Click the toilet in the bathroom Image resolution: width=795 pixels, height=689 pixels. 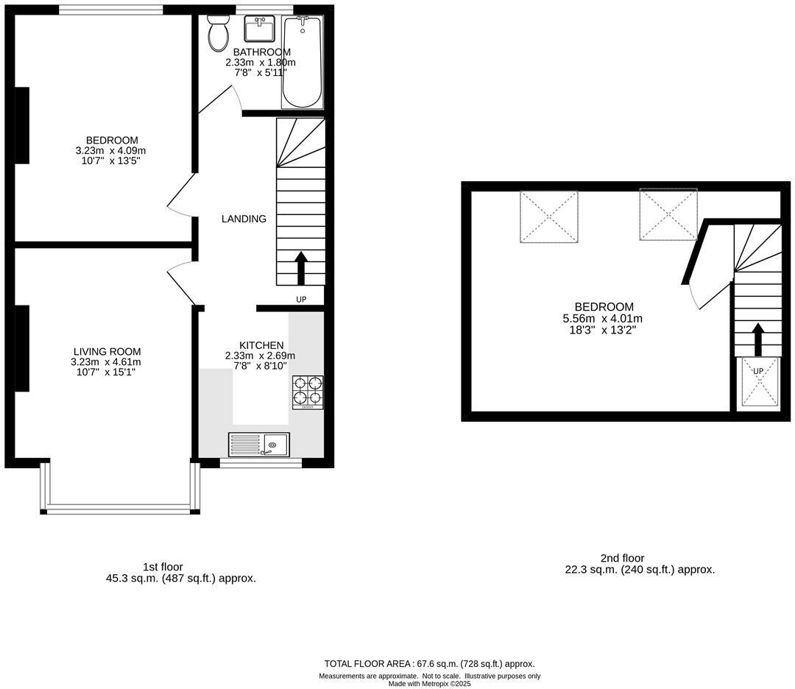[x=219, y=35]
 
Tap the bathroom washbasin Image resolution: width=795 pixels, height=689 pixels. [x=259, y=30]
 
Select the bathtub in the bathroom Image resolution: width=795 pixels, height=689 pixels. [x=302, y=63]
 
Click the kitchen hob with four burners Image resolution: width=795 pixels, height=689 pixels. [x=308, y=392]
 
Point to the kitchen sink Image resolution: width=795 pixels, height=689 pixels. [x=259, y=445]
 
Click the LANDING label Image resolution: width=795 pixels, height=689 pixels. [x=244, y=219]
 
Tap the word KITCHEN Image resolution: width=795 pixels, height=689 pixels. [x=261, y=345]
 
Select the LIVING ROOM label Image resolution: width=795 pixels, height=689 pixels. [x=107, y=352]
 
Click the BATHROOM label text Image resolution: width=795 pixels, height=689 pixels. [x=261, y=52]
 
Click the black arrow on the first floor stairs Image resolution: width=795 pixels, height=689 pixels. [x=301, y=268]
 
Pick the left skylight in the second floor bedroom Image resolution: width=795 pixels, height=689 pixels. [x=549, y=217]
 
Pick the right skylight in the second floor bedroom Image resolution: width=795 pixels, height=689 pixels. [x=668, y=214]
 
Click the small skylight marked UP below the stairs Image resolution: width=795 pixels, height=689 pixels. [x=757, y=382]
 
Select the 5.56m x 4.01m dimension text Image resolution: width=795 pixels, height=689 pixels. [x=603, y=319]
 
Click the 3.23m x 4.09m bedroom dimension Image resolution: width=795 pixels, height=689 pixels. [x=111, y=151]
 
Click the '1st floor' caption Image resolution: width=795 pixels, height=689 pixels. [x=163, y=567]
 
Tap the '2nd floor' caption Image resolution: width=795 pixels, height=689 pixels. [x=622, y=558]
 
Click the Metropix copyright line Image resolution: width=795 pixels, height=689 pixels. [x=429, y=683]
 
